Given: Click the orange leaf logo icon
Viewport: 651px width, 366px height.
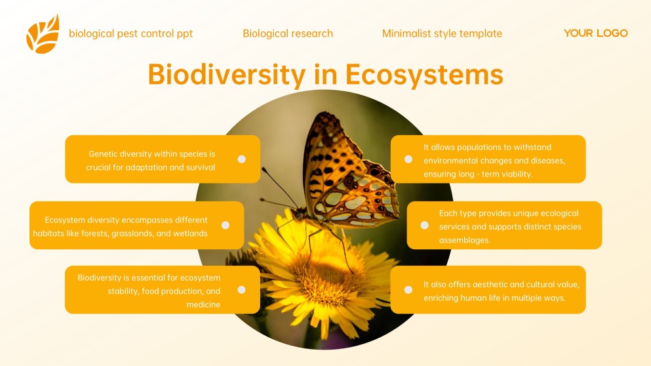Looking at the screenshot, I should [43, 33].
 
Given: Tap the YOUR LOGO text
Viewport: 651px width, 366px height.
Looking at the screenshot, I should [595, 33].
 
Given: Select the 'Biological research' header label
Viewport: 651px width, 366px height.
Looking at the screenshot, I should [288, 33].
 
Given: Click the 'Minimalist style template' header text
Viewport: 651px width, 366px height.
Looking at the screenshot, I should [442, 33].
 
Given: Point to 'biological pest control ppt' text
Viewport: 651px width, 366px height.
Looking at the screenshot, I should [130, 33].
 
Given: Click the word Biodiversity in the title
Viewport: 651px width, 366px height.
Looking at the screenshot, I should [226, 74].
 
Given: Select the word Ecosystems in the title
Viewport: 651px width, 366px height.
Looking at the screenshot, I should [424, 74].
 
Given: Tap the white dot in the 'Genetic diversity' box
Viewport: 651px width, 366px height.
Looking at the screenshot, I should [241, 159].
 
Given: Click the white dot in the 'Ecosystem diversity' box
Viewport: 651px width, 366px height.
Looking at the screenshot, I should [226, 225].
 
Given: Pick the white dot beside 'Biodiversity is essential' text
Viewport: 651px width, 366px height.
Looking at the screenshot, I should [241, 289].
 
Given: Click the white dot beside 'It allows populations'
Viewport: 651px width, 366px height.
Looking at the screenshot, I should [408, 159].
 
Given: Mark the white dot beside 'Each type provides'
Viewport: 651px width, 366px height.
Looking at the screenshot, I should [424, 225].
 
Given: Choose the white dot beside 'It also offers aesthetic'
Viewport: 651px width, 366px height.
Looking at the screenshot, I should [408, 289].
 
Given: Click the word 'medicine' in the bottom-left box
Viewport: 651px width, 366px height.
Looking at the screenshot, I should [203, 304].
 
